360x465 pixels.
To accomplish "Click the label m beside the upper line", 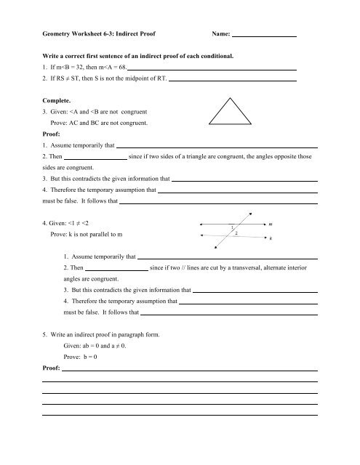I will [x=271, y=225].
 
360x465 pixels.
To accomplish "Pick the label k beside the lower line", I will [x=271, y=238].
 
